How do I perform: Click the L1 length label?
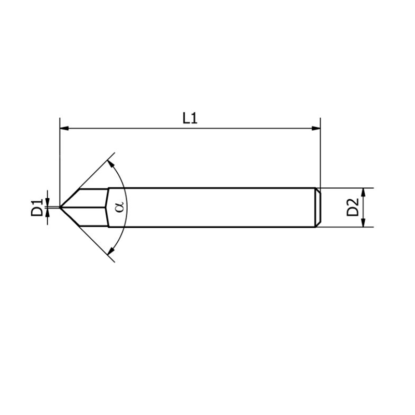coord(190,118)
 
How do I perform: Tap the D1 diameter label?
coord(36,207)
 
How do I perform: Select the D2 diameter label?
coord(353,208)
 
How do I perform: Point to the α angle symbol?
coord(120,206)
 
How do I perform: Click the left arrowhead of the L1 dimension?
coord(64,128)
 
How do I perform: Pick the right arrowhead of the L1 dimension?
coord(316,128)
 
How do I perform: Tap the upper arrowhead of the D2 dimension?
coord(363,191)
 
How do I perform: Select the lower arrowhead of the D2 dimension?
coord(363,223)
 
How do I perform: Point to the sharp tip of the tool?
coord(61,207)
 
